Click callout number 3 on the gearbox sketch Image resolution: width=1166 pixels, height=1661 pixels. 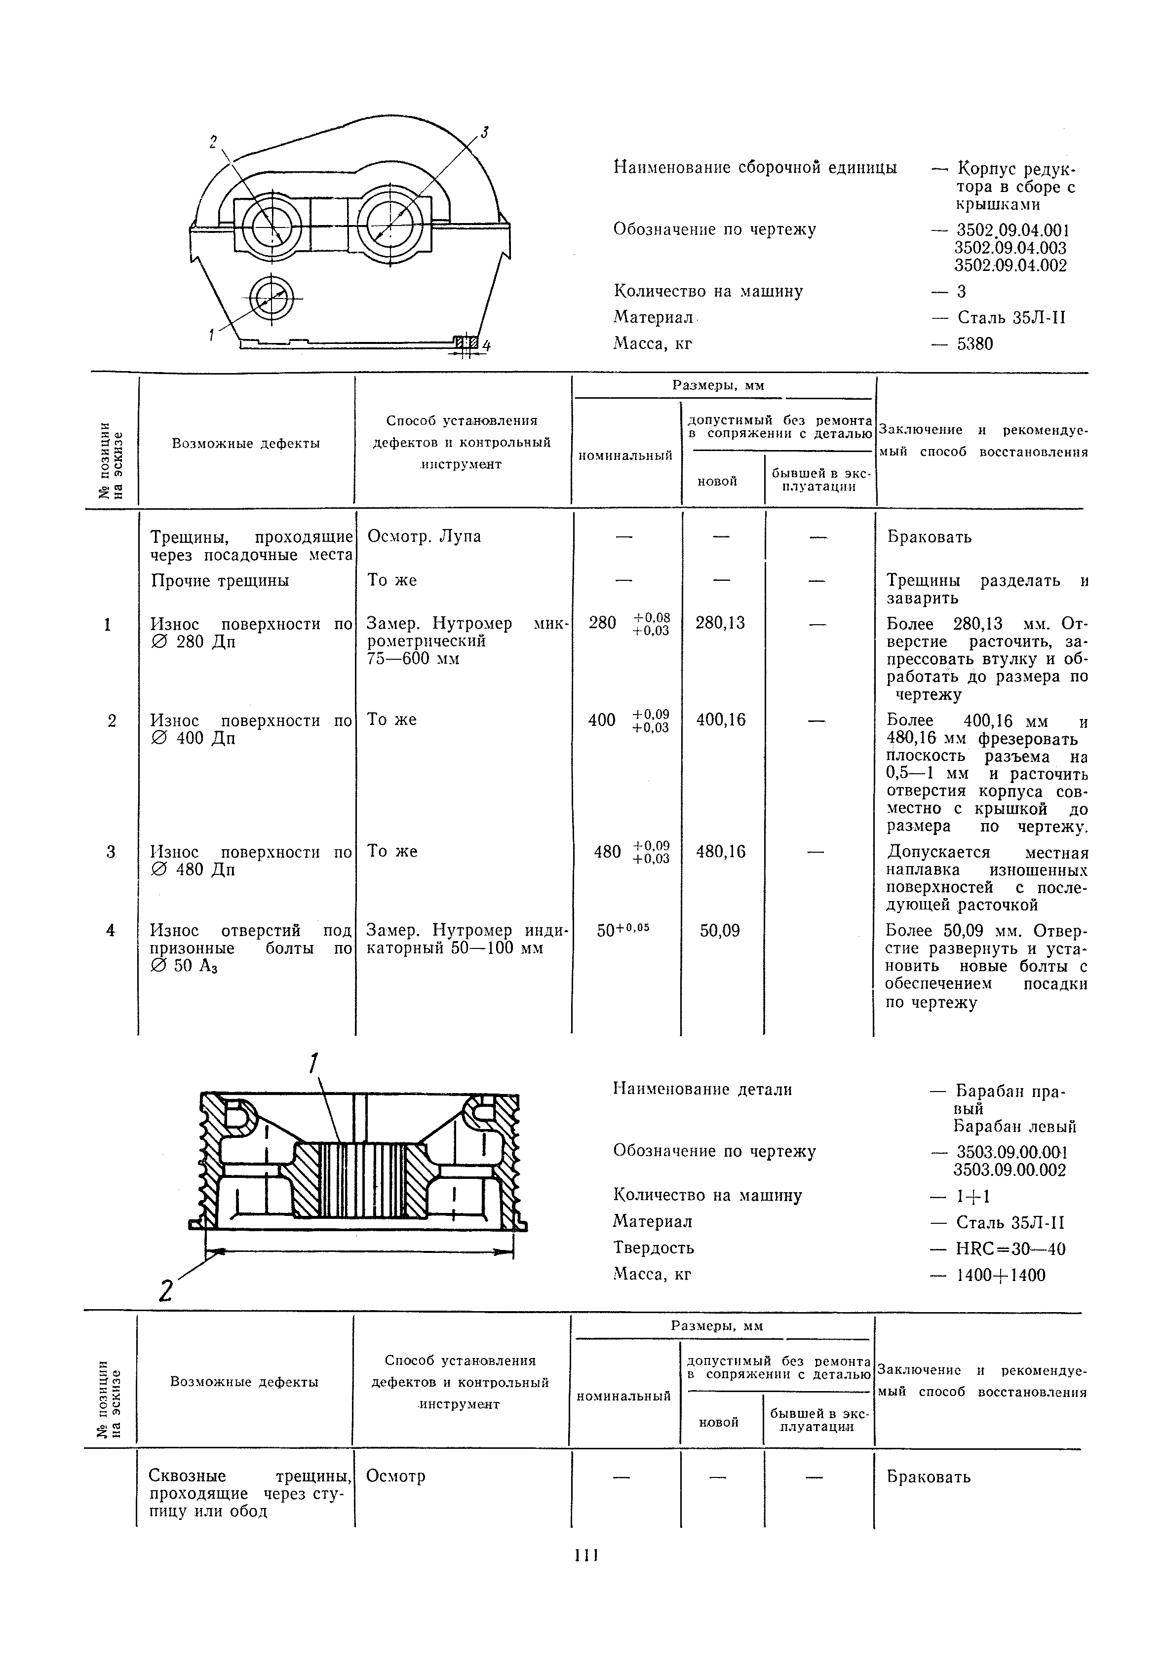(485, 132)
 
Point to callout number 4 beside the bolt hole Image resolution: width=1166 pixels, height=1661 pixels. (486, 346)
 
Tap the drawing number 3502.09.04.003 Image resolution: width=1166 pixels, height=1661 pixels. (1011, 248)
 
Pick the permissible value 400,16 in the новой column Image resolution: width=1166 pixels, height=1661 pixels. (720, 720)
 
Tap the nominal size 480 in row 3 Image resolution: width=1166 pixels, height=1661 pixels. (607, 852)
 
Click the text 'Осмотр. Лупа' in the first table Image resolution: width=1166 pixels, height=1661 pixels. (424, 536)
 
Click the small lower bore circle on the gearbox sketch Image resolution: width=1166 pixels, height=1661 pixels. (272, 298)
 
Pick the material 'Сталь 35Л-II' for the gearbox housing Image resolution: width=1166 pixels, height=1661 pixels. (1011, 318)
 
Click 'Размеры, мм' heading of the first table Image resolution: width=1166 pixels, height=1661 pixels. (718, 385)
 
